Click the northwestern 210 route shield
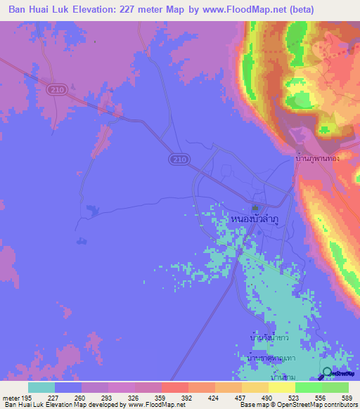57,90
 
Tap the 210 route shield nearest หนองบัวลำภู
179,160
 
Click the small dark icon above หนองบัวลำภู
255,207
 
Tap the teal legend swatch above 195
41,387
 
